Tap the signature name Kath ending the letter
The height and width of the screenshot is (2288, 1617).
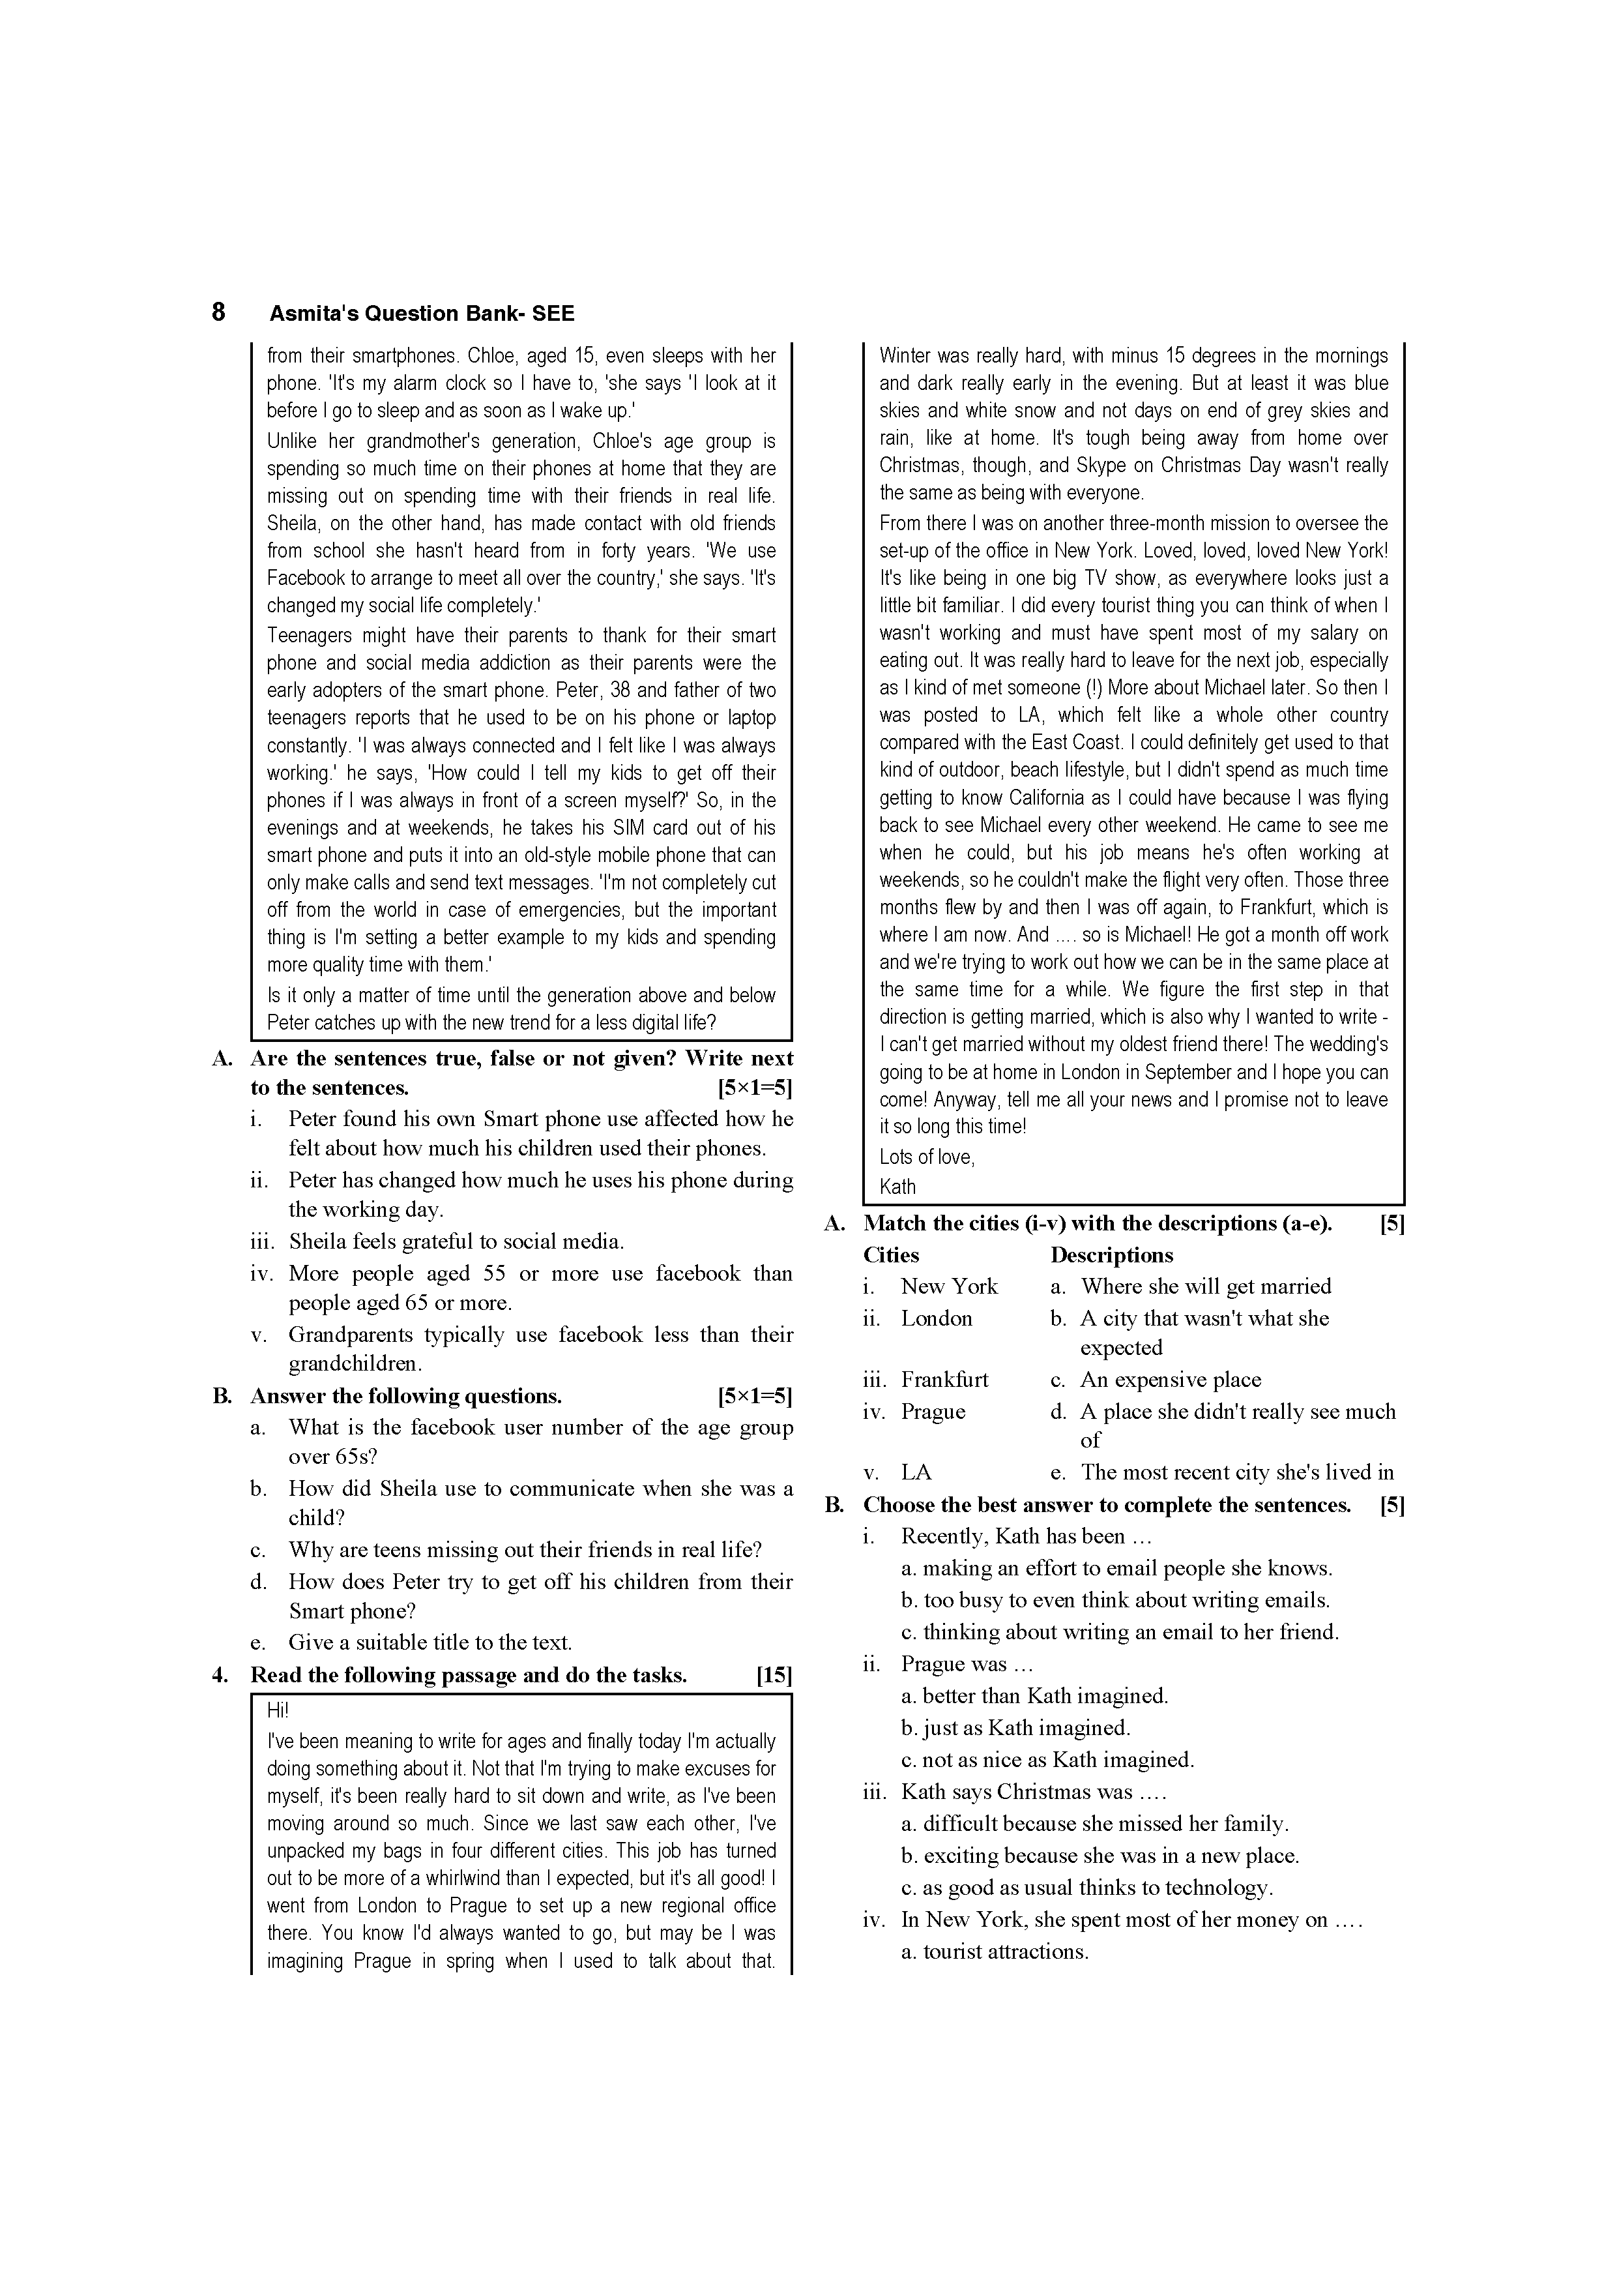pyautogui.click(x=897, y=1187)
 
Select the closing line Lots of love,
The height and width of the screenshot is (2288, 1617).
pyautogui.click(x=927, y=1157)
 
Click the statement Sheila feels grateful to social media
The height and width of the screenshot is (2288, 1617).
pyautogui.click(x=456, y=1241)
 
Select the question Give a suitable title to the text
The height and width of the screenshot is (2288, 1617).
pyautogui.click(x=430, y=1642)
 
